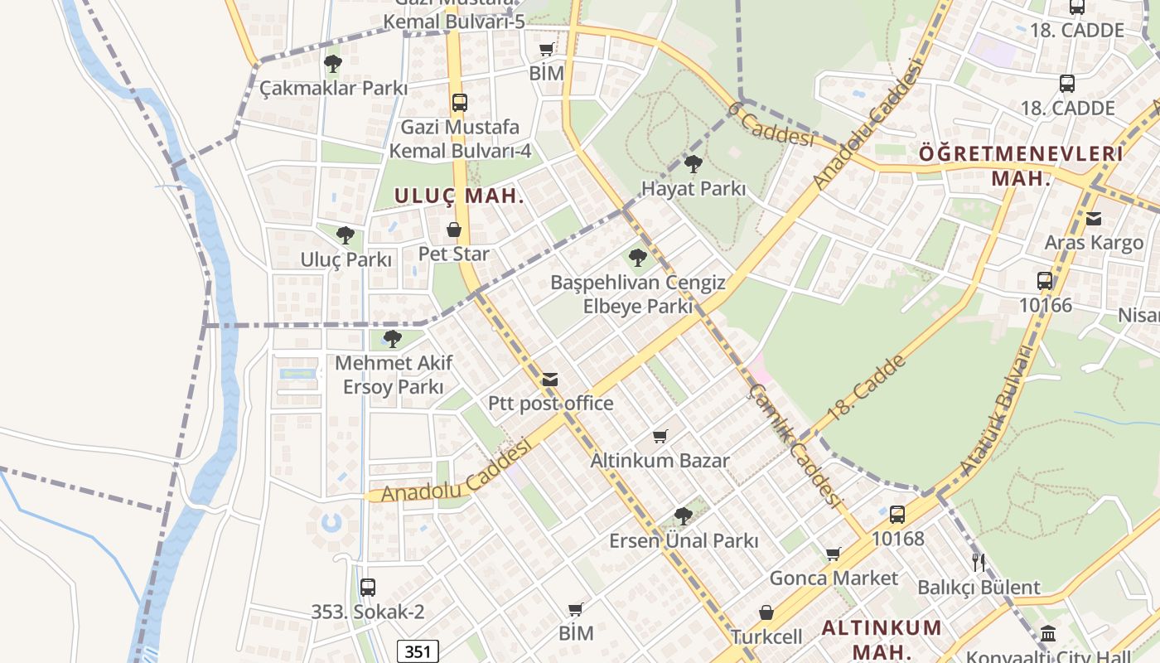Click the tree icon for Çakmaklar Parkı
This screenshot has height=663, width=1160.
[333, 63]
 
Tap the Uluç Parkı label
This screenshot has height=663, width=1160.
[346, 259]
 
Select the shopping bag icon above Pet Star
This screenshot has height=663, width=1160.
[454, 230]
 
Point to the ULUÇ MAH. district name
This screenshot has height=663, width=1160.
[459, 196]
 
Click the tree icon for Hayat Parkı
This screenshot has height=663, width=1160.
[693, 164]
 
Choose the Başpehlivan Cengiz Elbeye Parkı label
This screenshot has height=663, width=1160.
[637, 294]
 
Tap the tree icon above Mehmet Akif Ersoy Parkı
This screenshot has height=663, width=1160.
[393, 338]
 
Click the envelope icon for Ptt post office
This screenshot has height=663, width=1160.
[549, 380]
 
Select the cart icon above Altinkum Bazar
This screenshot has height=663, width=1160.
[660, 436]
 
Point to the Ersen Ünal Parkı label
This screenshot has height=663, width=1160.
[684, 540]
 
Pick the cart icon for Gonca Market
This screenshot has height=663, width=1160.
[833, 554]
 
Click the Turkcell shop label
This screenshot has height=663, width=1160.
[766, 636]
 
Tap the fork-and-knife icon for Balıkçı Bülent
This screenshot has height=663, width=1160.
[979, 563]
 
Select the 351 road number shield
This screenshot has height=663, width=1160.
[418, 651]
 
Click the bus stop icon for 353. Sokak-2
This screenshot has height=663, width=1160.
[367, 588]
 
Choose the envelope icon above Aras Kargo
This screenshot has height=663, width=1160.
[1094, 219]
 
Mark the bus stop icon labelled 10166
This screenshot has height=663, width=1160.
[1045, 281]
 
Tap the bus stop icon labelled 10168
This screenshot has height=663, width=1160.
[897, 515]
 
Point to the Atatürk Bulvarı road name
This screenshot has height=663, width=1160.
[997, 410]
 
